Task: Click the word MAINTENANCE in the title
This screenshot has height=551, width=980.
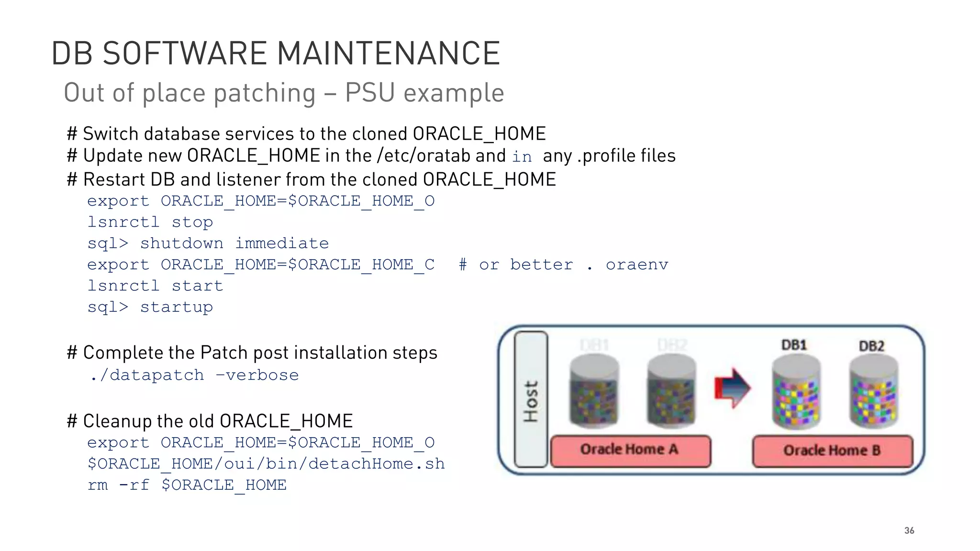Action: [388, 53]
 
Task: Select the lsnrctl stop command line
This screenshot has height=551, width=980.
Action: [150, 222]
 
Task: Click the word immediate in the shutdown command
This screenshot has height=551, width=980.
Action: [282, 243]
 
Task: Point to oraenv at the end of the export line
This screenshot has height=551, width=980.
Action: [636, 264]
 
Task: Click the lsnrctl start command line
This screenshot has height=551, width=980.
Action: [155, 286]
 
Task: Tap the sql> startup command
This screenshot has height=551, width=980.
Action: [150, 307]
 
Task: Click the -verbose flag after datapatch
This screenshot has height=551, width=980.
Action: [257, 375]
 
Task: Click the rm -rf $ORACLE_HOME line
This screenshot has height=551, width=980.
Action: [187, 485]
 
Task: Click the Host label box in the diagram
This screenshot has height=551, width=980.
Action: [531, 400]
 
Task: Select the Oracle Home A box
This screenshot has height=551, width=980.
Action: [630, 451]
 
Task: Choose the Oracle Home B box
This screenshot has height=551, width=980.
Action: [832, 451]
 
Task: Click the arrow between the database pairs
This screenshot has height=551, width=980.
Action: [732, 388]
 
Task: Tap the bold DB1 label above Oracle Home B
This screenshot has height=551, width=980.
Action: [794, 345]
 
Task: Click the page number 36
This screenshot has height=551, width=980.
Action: [909, 530]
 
